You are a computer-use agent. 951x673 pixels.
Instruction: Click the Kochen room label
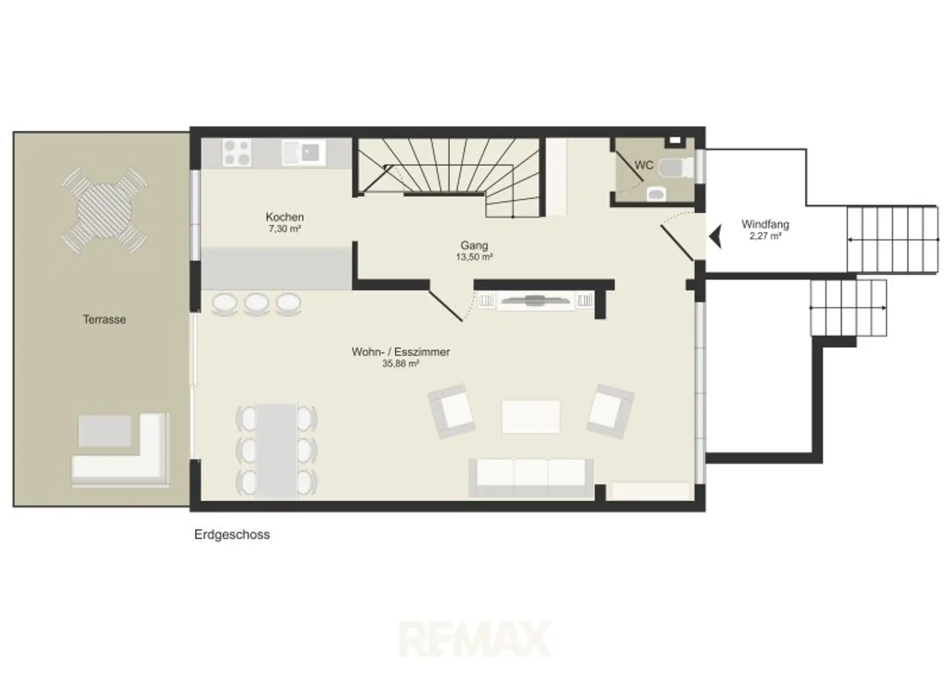[284, 217]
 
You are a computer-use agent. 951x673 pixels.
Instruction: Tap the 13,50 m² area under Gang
[474, 257]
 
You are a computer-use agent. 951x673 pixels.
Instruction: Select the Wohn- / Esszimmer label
[401, 352]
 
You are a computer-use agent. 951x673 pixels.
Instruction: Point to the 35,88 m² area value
[401, 363]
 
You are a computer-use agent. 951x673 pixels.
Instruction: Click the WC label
[644, 165]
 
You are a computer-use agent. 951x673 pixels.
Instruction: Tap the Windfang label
[765, 224]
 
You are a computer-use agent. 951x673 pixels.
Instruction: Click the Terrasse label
[105, 319]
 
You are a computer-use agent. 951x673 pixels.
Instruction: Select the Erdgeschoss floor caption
[232, 534]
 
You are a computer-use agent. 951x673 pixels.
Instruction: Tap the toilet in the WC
[675, 168]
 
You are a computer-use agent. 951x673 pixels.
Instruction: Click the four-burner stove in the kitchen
[237, 152]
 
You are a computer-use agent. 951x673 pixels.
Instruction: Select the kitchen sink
[304, 152]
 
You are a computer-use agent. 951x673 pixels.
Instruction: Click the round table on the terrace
[105, 211]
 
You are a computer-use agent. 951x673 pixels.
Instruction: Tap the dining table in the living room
[276, 451]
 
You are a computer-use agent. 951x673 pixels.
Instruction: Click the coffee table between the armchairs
[530, 417]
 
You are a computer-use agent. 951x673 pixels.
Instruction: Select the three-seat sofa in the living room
[531, 477]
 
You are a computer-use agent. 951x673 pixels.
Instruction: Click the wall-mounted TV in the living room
[535, 300]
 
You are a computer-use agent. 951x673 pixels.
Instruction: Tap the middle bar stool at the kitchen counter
[256, 304]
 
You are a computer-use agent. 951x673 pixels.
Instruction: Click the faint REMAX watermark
[475, 638]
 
